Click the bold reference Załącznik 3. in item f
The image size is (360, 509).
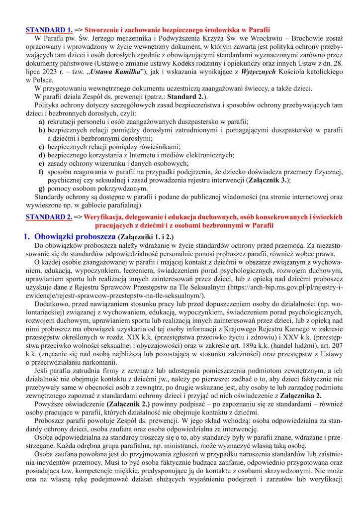269,180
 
